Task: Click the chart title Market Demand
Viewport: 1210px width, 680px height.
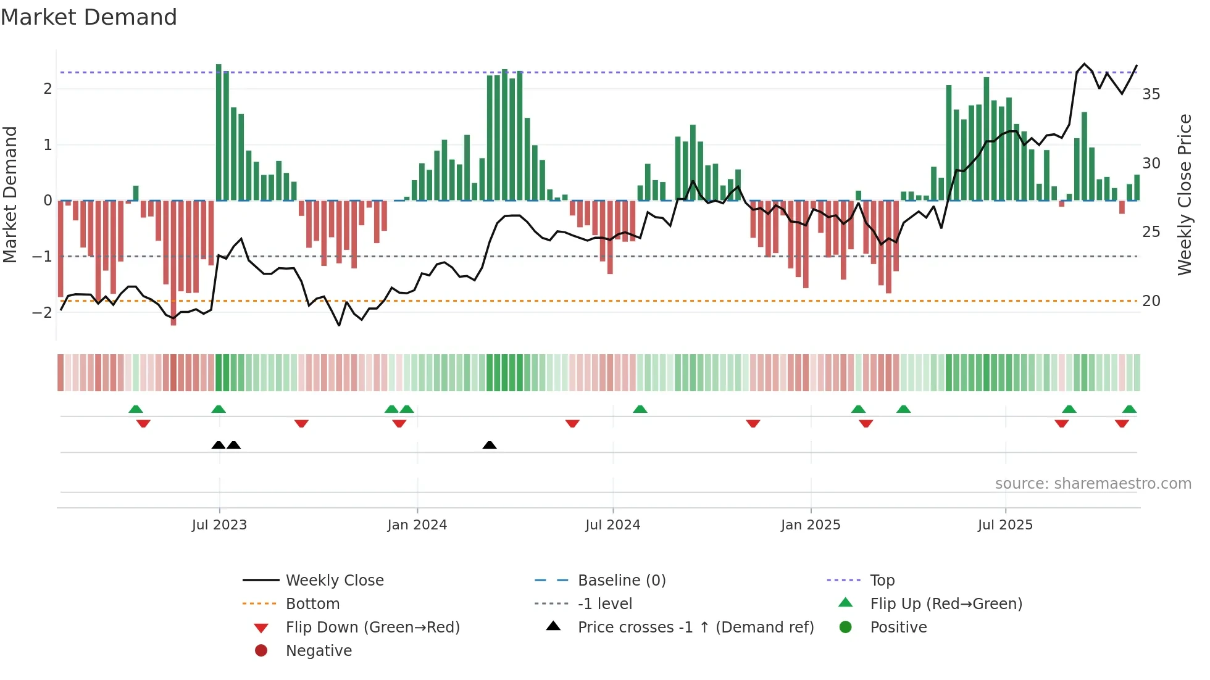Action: click(x=89, y=17)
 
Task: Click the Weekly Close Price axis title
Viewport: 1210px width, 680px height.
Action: click(x=1184, y=194)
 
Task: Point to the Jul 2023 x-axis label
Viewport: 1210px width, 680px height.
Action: click(x=219, y=525)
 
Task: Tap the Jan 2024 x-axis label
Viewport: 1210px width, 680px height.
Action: click(x=417, y=525)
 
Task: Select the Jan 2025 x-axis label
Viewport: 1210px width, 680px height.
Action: click(x=810, y=525)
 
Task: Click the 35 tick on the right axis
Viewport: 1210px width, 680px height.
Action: click(x=1151, y=94)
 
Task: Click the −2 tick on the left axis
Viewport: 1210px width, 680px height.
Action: click(x=42, y=312)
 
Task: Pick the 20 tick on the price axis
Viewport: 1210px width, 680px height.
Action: click(x=1151, y=301)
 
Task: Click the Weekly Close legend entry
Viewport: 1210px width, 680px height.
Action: click(x=334, y=581)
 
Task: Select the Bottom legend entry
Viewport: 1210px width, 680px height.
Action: click(x=312, y=604)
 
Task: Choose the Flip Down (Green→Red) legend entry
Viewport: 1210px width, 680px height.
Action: click(x=372, y=628)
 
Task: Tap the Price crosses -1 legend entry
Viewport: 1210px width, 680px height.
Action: click(x=695, y=628)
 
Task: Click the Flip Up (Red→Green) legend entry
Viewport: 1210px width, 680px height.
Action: click(x=946, y=604)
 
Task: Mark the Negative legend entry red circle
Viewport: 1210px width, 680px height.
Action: click(x=261, y=651)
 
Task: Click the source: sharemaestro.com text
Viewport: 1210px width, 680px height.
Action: click(x=1093, y=484)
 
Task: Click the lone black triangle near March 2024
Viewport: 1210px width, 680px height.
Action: click(x=490, y=445)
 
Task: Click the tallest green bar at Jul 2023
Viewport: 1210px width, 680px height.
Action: click(x=219, y=133)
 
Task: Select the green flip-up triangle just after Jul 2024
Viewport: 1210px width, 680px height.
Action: click(x=640, y=409)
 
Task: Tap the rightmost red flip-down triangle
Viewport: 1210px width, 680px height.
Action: click(x=1122, y=423)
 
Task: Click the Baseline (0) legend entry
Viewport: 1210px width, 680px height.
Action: click(x=621, y=581)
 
